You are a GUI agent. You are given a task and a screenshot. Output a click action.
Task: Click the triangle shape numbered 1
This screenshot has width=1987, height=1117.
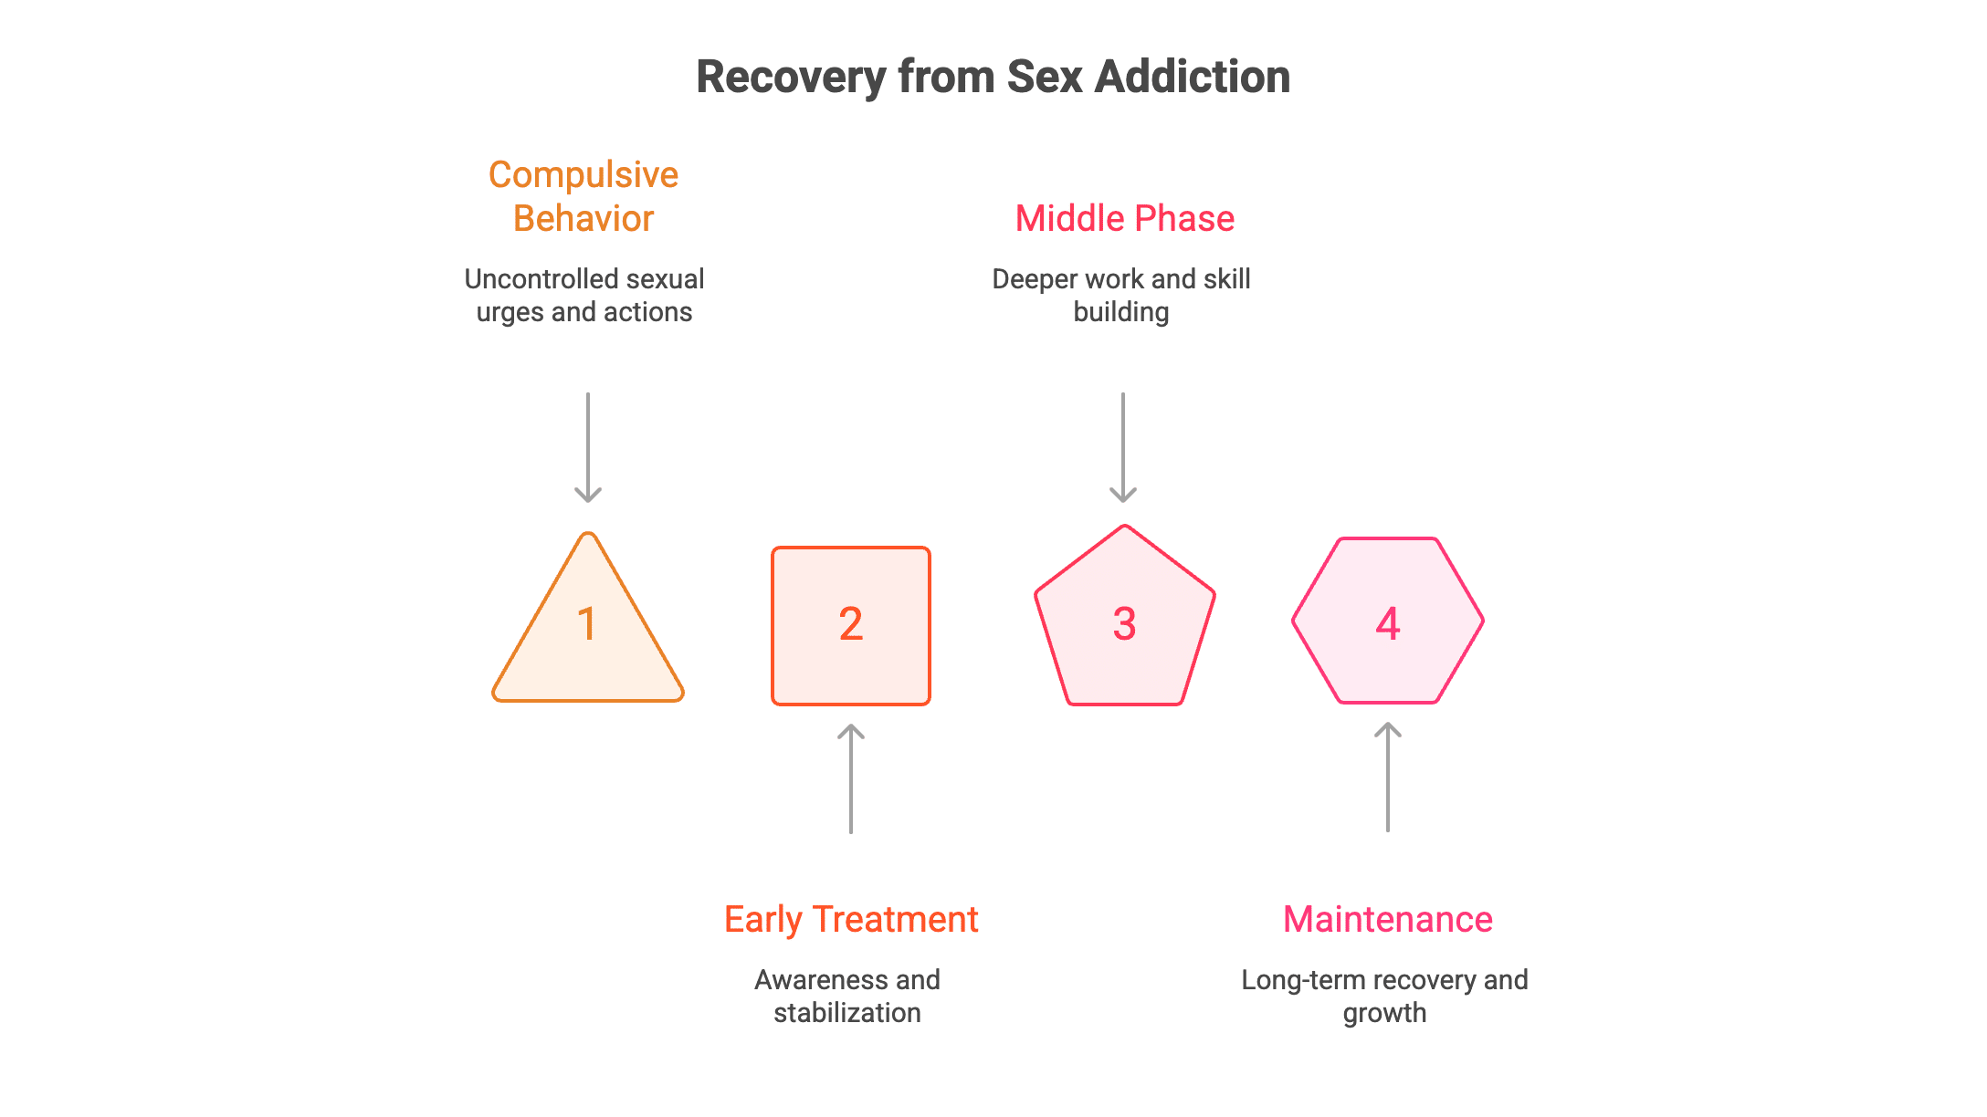pyautogui.click(x=588, y=639)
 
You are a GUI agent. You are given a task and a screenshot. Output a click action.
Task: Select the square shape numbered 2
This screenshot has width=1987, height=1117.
pyautogui.click(x=851, y=626)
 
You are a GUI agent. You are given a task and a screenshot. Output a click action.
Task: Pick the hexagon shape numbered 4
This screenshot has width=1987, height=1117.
pyautogui.click(x=1388, y=621)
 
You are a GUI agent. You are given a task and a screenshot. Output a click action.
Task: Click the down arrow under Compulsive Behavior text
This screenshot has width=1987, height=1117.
pyautogui.click(x=588, y=448)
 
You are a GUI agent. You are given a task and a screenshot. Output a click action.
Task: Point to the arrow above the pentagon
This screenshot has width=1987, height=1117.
pyautogui.click(x=1123, y=448)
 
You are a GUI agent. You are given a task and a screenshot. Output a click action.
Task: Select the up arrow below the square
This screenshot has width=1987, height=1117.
pyautogui.click(x=851, y=778)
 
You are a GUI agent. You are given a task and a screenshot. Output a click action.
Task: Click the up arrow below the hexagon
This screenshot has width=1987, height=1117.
pyautogui.click(x=1388, y=777)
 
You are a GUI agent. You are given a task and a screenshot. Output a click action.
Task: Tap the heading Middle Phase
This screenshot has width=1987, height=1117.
pyautogui.click(x=1125, y=219)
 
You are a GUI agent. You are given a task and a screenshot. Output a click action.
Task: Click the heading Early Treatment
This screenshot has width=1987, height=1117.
pyautogui.click(x=851, y=920)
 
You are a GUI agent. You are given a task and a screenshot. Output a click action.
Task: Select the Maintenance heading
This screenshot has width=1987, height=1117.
pyautogui.click(x=1388, y=920)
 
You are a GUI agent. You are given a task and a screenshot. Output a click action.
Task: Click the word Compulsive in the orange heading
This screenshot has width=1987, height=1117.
pyautogui.click(x=583, y=175)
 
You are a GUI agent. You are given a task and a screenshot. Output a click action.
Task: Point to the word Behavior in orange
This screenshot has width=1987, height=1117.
pyautogui.click(x=583, y=219)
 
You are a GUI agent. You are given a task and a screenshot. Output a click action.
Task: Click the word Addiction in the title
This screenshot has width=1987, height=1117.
pyautogui.click(x=1193, y=77)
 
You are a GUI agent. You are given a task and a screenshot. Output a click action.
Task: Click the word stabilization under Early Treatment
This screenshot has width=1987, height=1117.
pyautogui.click(x=847, y=1013)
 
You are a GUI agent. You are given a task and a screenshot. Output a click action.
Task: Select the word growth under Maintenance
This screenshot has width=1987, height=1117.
pyautogui.click(x=1384, y=1013)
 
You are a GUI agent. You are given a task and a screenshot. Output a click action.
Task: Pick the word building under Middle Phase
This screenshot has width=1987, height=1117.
pyautogui.click(x=1121, y=312)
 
